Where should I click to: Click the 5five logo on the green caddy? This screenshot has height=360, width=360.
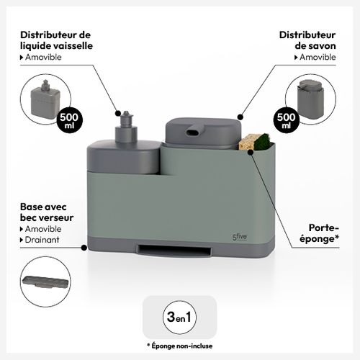(x=240, y=237)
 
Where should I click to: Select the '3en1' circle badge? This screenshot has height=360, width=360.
(x=179, y=317)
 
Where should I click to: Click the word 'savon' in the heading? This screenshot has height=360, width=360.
(x=322, y=46)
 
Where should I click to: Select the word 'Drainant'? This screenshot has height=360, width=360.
(x=42, y=240)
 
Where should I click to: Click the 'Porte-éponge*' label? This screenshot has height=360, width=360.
(x=320, y=233)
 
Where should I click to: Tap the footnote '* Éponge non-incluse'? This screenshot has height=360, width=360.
(x=179, y=346)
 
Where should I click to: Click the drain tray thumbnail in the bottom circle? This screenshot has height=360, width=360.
(x=45, y=282)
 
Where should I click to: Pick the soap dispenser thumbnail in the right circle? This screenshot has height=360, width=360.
(x=310, y=99)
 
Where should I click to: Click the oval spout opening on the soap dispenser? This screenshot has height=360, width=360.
(x=193, y=132)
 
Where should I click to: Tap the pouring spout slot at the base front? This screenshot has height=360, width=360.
(x=174, y=251)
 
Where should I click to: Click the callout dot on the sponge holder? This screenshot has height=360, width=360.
(x=251, y=152)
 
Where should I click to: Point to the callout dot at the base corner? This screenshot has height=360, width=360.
(x=84, y=248)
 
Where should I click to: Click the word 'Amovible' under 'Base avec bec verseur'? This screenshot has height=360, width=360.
(x=43, y=229)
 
